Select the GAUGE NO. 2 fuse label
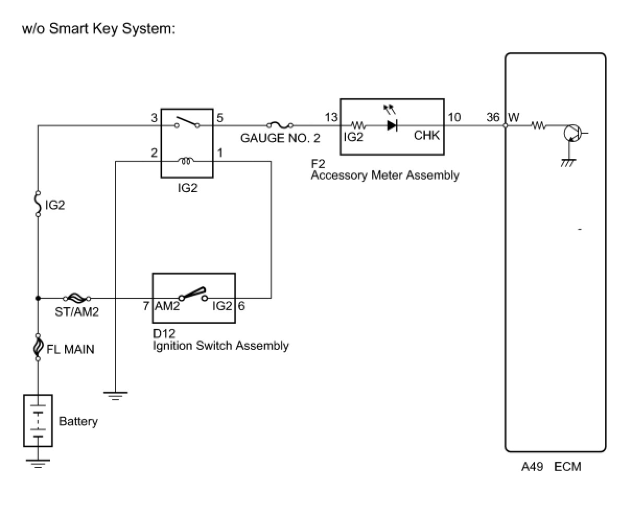coord(280,139)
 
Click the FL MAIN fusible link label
coord(71,349)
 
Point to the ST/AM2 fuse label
coord(77,312)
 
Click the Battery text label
coord(78,421)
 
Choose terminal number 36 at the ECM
coord(493,118)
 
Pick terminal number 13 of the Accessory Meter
coord(331,118)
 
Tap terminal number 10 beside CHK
coord(454,118)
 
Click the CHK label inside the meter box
coord(427,136)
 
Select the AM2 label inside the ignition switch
coord(167,306)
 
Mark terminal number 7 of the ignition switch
coord(146,306)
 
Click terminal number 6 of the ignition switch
coord(241,306)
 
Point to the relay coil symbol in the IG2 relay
coord(186,160)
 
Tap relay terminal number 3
coord(154,118)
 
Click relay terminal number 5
coord(220,118)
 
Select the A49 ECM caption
coord(551,466)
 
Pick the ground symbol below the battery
coord(38,462)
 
